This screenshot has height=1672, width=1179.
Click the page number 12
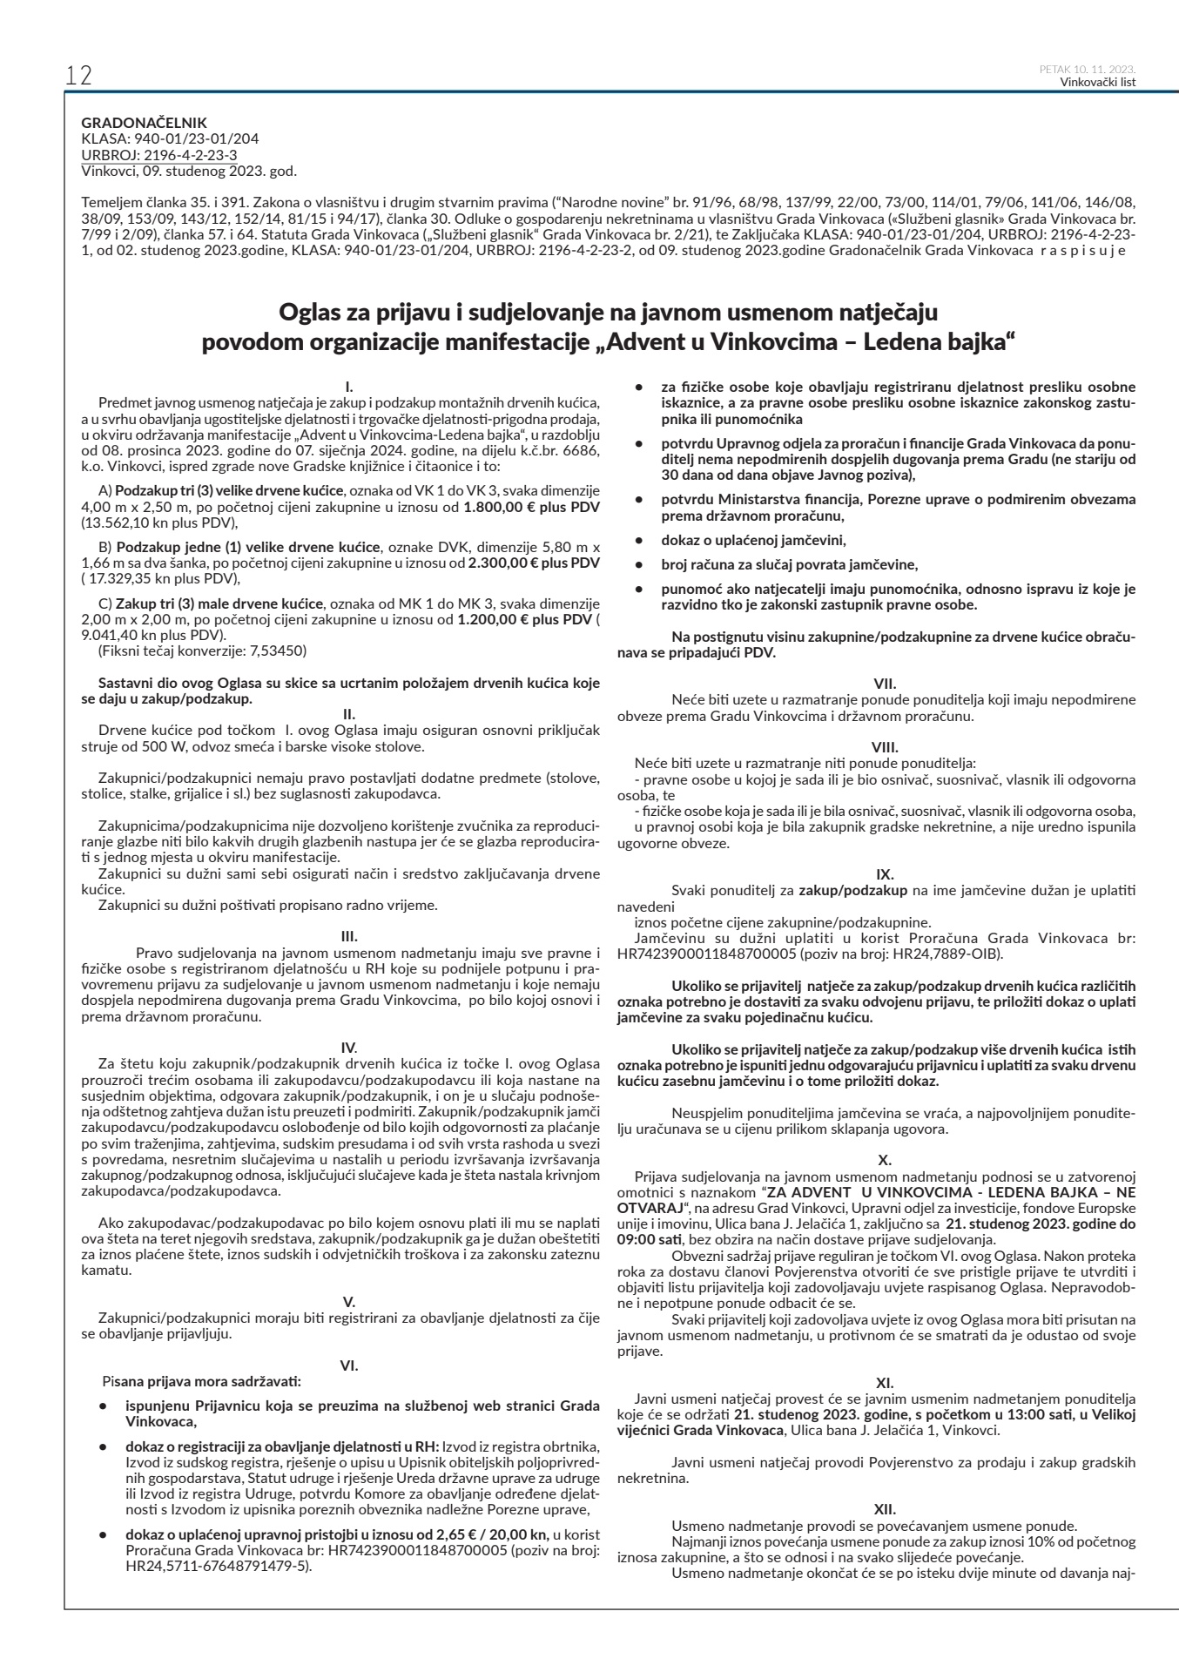[x=77, y=75]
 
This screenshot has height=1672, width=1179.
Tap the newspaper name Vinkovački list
[x=1098, y=83]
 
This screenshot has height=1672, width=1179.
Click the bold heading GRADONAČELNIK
[x=144, y=124]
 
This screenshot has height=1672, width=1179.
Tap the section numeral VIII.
[x=884, y=746]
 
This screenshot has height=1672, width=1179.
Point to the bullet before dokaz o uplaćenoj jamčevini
[x=640, y=540]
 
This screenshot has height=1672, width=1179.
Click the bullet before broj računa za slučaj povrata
[x=640, y=564]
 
